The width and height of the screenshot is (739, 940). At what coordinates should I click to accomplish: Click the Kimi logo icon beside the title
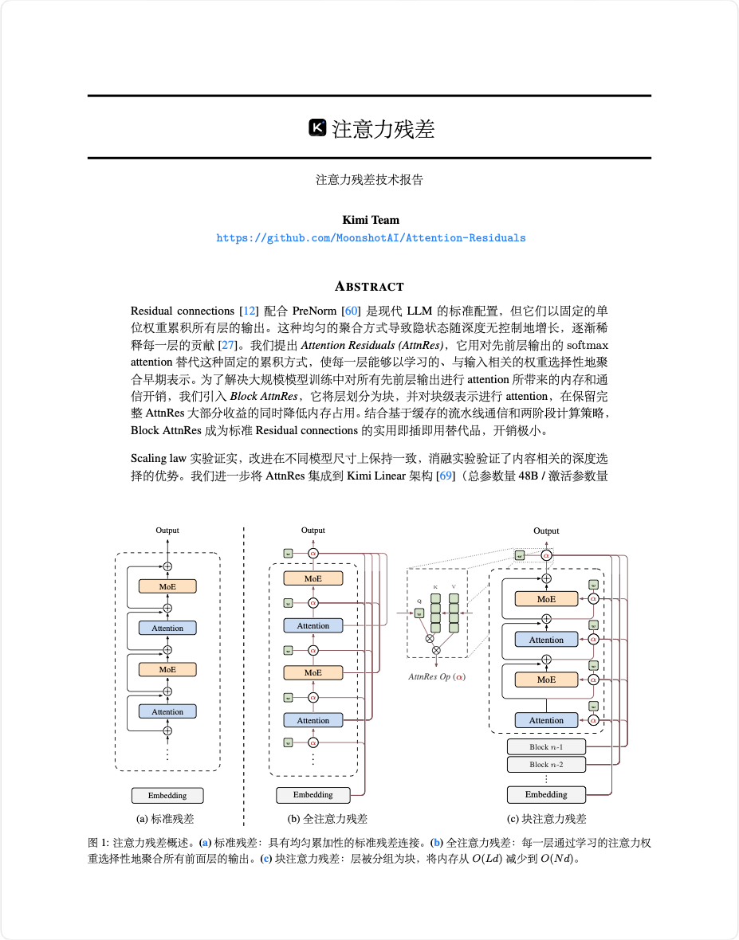[x=317, y=128]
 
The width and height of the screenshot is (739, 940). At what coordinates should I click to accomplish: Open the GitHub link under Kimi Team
[x=371, y=237]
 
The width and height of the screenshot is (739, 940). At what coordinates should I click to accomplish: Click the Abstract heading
[x=369, y=286]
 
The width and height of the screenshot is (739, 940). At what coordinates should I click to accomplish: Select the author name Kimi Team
[x=371, y=220]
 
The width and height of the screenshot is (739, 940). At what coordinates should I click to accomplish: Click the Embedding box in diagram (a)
[x=167, y=795]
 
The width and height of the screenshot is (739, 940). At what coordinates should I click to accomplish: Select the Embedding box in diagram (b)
[x=313, y=794]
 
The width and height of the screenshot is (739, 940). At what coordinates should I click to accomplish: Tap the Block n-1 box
[x=546, y=747]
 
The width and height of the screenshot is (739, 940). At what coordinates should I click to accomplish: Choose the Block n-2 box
[x=546, y=765]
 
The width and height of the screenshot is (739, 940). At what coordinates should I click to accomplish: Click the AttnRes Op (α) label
[x=436, y=676]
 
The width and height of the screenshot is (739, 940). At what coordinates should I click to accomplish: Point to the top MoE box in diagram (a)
[x=167, y=586]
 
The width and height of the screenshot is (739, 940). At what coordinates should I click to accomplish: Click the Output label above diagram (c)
[x=546, y=531]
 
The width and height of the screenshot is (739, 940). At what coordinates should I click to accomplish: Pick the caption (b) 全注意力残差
[x=327, y=818]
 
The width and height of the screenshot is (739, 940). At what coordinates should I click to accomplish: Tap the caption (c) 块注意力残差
[x=546, y=818]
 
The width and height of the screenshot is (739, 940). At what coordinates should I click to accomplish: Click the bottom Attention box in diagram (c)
[x=546, y=720]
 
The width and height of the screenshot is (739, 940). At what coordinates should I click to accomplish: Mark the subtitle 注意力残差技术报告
[x=369, y=180]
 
